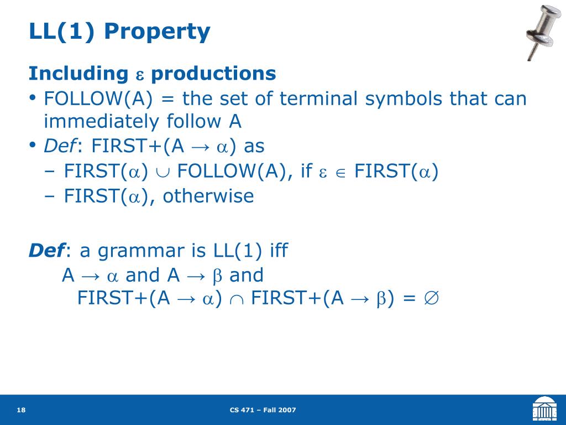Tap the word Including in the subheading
[x=78, y=74]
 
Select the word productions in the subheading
[x=213, y=74]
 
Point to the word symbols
[x=403, y=99]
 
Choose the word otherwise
[x=208, y=196]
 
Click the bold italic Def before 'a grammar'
[x=47, y=251]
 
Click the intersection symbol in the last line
[x=237, y=300]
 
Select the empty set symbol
[x=431, y=298]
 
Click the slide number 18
[x=22, y=410]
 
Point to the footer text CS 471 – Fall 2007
[x=263, y=410]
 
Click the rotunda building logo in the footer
[x=544, y=408]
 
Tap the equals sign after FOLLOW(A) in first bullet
[x=167, y=99]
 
